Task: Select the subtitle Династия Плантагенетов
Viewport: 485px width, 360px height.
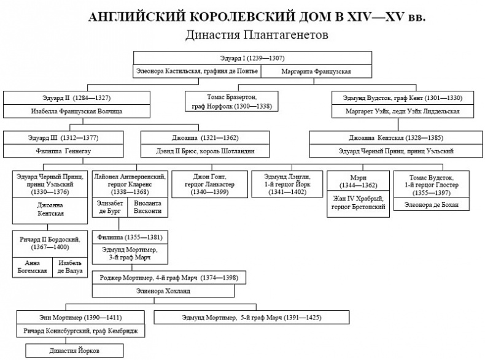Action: coord(257,35)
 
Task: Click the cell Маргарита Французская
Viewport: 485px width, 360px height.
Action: coord(316,72)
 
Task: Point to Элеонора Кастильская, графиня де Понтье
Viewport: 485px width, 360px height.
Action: coord(197,72)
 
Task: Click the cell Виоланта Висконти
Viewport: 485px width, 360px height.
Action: coord(147,207)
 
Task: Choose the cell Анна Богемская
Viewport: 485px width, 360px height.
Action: coord(32,267)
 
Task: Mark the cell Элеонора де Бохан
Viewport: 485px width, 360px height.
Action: coord(430,204)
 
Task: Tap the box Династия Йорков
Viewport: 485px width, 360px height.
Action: coord(73,351)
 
